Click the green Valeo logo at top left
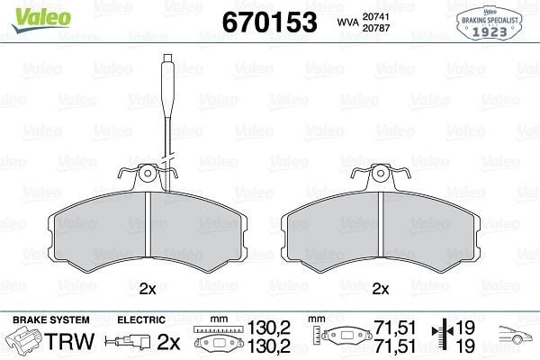pos(41,20)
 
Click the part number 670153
pos(270,22)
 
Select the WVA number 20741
pos(375,17)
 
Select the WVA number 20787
pos(375,28)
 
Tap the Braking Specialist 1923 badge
pos(490,23)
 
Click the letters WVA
pos(347,22)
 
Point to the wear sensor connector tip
pos(167,58)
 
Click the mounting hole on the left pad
pos(148,173)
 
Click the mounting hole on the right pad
pos(381,173)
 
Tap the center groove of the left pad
pos(148,225)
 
